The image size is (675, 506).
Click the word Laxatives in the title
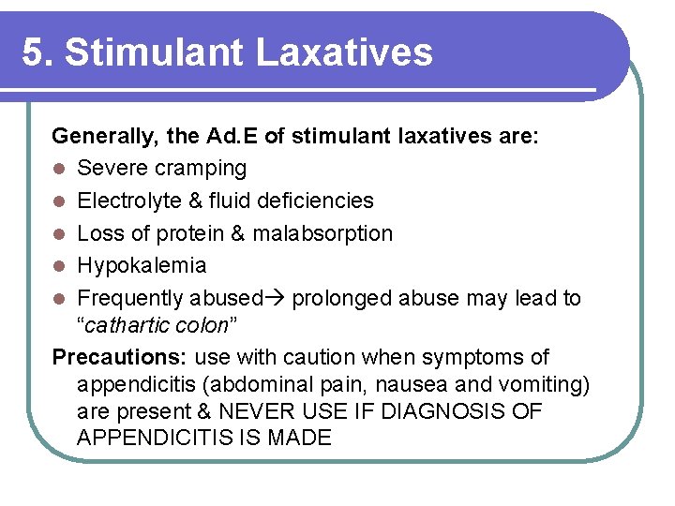344,52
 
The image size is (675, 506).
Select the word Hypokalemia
142,265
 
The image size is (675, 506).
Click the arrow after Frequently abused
278,298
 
